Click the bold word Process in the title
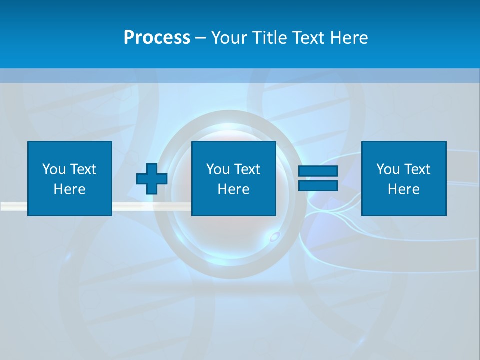click(x=157, y=38)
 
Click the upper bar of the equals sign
click(x=318, y=171)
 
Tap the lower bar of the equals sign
click(x=318, y=185)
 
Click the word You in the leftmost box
click(x=54, y=169)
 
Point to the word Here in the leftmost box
click(x=70, y=189)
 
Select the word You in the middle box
click(x=218, y=169)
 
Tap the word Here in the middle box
click(x=234, y=189)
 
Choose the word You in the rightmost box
click(x=388, y=169)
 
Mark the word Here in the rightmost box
click(x=404, y=189)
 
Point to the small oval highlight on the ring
click(x=274, y=237)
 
